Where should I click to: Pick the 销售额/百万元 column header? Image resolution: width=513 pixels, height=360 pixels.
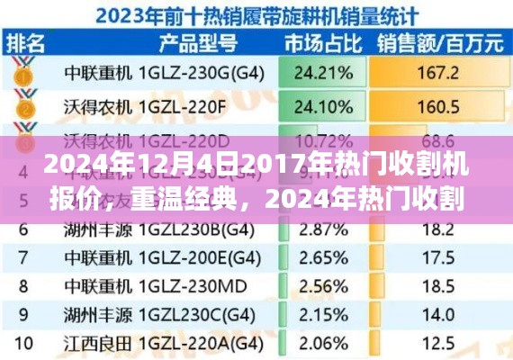click(440, 42)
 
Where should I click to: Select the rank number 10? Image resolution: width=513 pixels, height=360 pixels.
click(25, 343)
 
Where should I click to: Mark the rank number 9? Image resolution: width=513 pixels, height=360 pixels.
click(25, 315)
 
